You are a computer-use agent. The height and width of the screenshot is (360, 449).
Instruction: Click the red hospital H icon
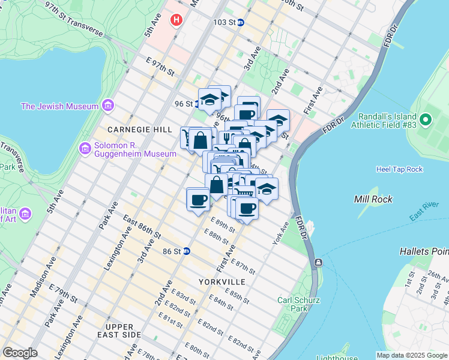(x=176, y=20)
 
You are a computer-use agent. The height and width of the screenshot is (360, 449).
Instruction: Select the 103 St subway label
(x=224, y=22)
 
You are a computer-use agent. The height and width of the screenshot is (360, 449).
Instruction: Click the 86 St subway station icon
(x=187, y=251)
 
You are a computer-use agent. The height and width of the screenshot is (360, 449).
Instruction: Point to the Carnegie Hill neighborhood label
(x=131, y=130)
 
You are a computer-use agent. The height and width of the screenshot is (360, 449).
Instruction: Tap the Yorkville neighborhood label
(x=221, y=281)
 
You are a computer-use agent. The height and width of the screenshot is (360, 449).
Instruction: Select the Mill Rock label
(x=373, y=199)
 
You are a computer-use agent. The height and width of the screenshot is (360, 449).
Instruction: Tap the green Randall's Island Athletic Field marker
(x=426, y=119)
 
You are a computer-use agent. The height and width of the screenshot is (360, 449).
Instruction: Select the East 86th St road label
(x=142, y=228)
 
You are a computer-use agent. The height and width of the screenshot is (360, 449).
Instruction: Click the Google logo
(x=20, y=353)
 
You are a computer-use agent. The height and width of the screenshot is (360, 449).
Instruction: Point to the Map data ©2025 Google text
(x=411, y=355)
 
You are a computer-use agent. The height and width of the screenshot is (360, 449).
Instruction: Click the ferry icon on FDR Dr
(x=318, y=263)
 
